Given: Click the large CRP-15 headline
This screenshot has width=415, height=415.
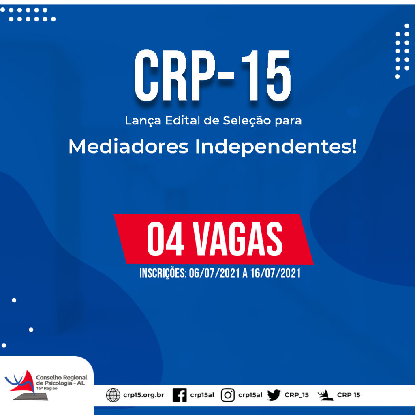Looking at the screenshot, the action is pyautogui.click(x=213, y=76).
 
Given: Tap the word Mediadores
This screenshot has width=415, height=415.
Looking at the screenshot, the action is pyautogui.click(x=128, y=146).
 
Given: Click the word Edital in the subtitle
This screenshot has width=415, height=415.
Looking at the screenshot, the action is pyautogui.click(x=183, y=120).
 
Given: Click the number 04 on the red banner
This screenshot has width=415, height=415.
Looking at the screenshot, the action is pyautogui.click(x=165, y=239).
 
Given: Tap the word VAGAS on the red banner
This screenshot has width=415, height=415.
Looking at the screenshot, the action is pyautogui.click(x=238, y=239).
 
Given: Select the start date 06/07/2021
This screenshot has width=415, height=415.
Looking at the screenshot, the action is pyautogui.click(x=214, y=273).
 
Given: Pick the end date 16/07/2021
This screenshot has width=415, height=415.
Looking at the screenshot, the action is pyautogui.click(x=276, y=273).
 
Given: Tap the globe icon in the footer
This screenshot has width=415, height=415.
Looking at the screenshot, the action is pyautogui.click(x=113, y=395).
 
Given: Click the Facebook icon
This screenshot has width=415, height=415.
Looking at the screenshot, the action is pyautogui.click(x=180, y=395).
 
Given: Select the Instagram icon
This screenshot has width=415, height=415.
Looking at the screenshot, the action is pyautogui.click(x=228, y=395).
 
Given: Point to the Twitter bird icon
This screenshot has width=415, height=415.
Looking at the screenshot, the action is pyautogui.click(x=274, y=395).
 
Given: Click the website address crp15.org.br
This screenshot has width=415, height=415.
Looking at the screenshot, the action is pyautogui.click(x=144, y=395).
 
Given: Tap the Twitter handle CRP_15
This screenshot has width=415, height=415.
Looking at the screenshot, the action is pyautogui.click(x=297, y=395).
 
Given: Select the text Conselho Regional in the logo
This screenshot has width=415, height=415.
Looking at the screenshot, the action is pyautogui.click(x=62, y=377).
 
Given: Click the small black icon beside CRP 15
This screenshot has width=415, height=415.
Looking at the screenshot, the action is pyautogui.click(x=325, y=395).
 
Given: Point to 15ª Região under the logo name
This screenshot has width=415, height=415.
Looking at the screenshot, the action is pyautogui.click(x=47, y=388).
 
